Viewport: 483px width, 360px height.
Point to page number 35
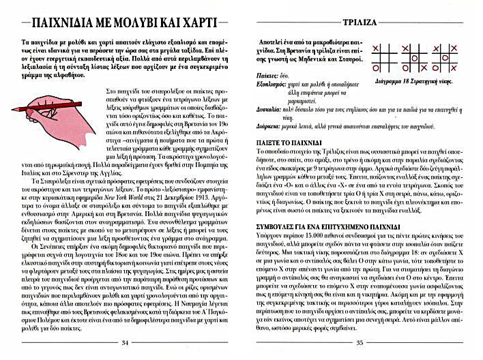coord(360,343)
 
